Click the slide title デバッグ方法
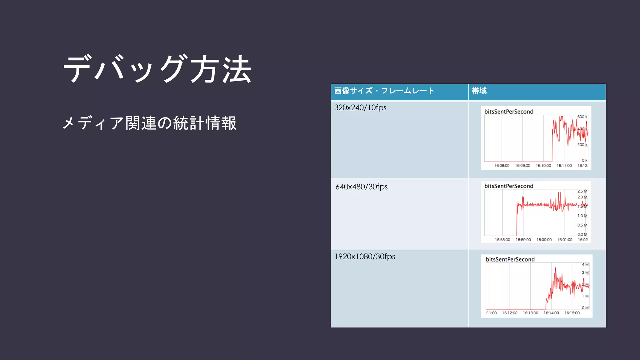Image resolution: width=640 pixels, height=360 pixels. point(157,69)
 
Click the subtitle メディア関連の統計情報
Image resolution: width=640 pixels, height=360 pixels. point(149,123)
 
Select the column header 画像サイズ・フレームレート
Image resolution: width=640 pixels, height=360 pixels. point(384,91)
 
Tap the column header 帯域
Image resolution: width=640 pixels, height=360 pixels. point(479,91)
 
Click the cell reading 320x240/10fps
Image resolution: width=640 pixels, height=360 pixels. point(360,108)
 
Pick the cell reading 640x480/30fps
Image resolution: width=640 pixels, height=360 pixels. point(362,187)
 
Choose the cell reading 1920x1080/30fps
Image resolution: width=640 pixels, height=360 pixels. point(365,257)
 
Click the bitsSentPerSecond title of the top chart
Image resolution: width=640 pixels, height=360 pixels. point(509,112)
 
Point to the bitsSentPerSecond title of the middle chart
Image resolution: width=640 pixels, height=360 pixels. point(509,186)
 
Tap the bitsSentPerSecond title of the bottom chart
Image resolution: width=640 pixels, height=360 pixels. point(510,259)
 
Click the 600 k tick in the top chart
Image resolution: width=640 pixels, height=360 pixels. point(582,117)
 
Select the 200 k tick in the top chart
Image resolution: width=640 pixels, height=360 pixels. point(582,145)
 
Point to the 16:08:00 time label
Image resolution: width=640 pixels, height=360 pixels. point(502,166)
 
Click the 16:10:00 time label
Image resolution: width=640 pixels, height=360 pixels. point(543,166)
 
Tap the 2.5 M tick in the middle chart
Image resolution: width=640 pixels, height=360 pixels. point(582,191)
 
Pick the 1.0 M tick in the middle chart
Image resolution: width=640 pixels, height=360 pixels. point(582,216)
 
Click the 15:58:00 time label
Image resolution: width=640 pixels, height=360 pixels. point(502,240)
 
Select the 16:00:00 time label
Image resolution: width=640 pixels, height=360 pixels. point(544,240)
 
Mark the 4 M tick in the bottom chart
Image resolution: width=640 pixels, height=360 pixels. point(585,265)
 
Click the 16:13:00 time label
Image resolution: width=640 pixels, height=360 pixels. point(531,313)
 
